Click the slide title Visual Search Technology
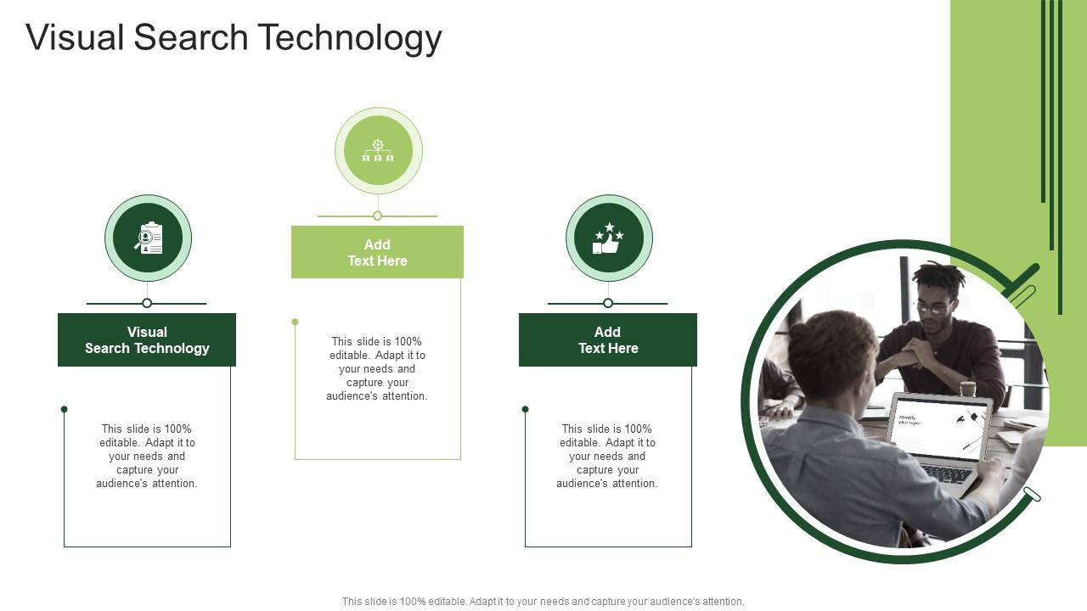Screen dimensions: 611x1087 click(x=234, y=38)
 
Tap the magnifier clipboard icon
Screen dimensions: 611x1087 click(x=148, y=238)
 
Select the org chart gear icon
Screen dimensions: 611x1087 click(x=378, y=151)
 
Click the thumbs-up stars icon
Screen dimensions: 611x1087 click(x=609, y=238)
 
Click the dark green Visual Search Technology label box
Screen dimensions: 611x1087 click(x=147, y=340)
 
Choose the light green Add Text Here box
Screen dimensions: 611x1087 click(x=377, y=252)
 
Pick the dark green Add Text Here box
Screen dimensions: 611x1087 click(x=608, y=340)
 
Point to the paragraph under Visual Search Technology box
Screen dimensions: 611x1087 click(x=147, y=456)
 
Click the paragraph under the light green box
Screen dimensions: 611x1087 click(x=377, y=368)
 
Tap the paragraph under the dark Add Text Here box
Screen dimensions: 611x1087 click(x=607, y=456)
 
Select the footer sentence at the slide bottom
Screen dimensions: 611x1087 click(x=543, y=601)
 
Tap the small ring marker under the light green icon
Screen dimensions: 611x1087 click(x=378, y=216)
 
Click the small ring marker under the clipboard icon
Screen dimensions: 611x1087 click(x=147, y=303)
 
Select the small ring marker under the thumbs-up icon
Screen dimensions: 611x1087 click(x=608, y=303)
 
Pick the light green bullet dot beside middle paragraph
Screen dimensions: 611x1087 click(x=295, y=322)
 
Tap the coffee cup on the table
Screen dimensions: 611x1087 click(x=967, y=388)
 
